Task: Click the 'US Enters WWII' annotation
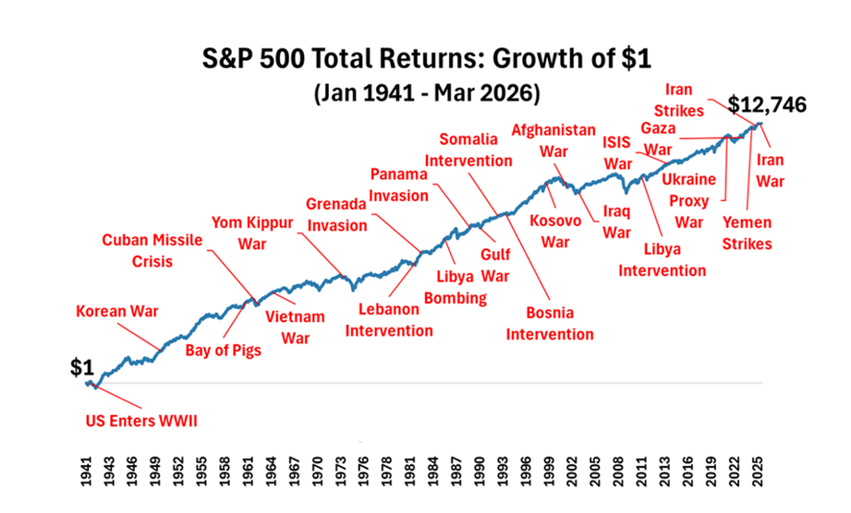coord(141,422)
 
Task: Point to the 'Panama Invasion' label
coord(401,184)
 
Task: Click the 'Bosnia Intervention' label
coord(549,323)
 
